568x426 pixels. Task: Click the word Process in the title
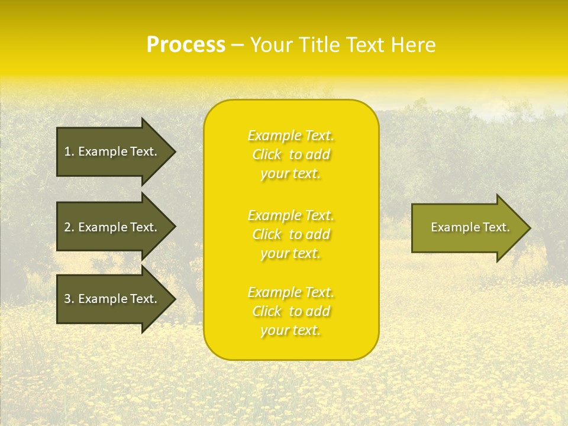point(186,45)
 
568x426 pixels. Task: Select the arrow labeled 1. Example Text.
point(112,151)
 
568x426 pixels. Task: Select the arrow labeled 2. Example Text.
point(112,227)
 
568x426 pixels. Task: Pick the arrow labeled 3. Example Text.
point(112,299)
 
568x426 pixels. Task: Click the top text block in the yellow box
point(291,154)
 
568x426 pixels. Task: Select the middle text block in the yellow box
point(291,234)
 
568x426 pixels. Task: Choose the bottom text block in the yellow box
point(291,311)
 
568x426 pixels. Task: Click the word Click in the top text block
point(267,155)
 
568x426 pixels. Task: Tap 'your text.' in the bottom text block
point(291,331)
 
